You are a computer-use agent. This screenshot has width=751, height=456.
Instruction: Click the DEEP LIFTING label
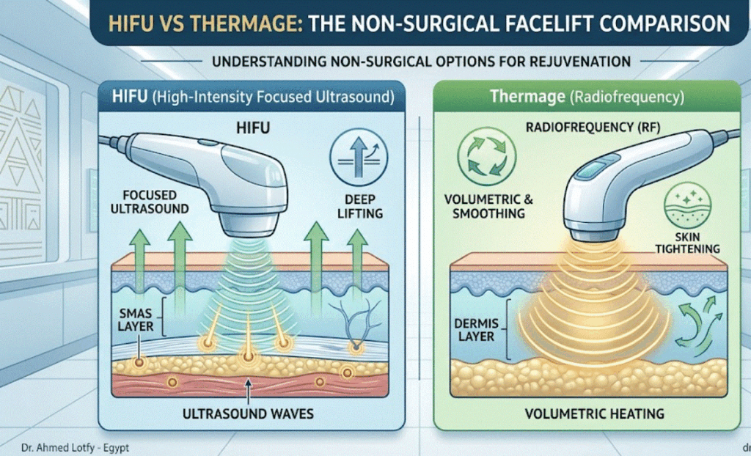point(360,207)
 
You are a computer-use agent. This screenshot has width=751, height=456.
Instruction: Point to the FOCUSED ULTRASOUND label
point(150,202)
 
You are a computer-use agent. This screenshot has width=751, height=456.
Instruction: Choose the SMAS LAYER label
point(135,320)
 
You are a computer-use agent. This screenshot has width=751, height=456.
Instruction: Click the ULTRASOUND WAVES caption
point(247,413)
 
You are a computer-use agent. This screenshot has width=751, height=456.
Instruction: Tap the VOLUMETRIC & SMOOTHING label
point(488,207)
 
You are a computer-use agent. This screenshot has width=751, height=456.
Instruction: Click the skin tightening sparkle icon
point(687,204)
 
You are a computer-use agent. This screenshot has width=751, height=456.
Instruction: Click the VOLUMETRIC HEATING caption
point(594,413)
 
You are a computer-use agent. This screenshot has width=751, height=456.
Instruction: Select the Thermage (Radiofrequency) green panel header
point(587,97)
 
